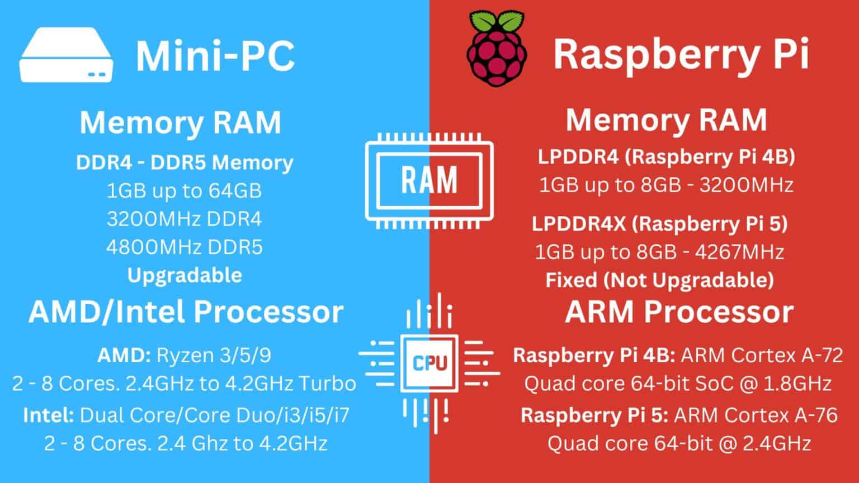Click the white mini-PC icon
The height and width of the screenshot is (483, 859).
tap(66, 56)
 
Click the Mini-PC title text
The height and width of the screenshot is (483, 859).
tap(215, 55)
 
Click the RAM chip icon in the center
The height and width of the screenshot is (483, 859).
tap(429, 181)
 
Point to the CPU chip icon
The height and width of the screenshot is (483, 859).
tap(429, 362)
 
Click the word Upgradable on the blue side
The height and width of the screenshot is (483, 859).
tap(185, 275)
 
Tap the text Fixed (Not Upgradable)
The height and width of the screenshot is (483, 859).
tap(659, 280)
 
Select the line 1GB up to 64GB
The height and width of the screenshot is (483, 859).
tap(184, 191)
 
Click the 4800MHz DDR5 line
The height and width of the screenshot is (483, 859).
tap(184, 247)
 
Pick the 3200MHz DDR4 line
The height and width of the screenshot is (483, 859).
tap(184, 219)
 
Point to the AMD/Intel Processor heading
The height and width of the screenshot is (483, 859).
tap(186, 312)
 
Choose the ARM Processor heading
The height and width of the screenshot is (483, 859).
tap(679, 312)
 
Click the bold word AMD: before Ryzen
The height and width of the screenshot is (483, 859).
tap(124, 356)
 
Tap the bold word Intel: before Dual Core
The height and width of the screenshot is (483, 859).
tap(49, 415)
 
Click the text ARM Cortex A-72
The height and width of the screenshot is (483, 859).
tap(762, 356)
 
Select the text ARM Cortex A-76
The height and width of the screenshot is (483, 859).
tap(756, 415)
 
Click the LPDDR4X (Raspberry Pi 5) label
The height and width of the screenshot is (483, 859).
tap(659, 224)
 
